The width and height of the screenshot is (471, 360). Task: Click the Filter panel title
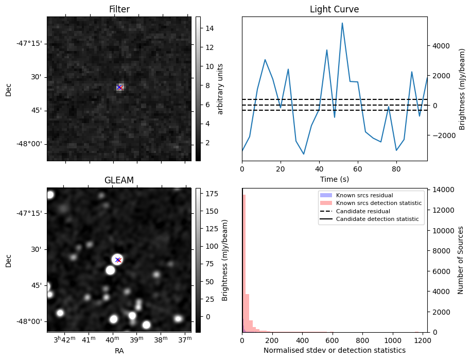119,9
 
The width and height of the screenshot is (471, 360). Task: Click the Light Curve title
334,9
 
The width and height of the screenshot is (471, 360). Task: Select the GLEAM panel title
119,180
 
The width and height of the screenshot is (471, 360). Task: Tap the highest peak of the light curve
342,23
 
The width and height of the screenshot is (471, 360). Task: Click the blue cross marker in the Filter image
119,88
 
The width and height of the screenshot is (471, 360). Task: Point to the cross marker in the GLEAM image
118,260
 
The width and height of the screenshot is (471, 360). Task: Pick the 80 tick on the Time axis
396,168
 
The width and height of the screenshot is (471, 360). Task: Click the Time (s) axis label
334,178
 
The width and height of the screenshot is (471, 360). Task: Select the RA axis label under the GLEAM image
119,350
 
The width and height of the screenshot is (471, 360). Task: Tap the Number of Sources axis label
461,260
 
